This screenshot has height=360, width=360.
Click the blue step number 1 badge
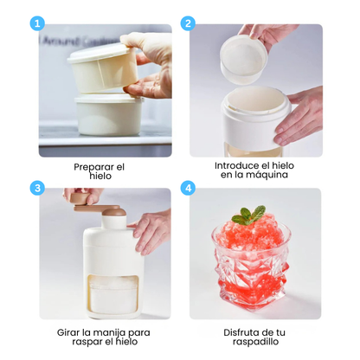coord(36,23)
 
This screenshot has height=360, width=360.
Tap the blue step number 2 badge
coord(189,23)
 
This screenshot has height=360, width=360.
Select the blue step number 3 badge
coord(36,188)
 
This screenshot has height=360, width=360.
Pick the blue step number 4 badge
coord(189,188)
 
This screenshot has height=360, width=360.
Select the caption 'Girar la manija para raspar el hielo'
coord(105,337)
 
